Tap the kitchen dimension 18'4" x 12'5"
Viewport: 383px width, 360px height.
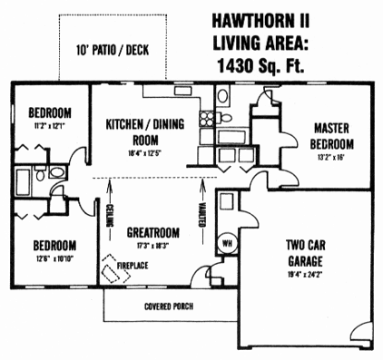pyautogui.click(x=148, y=154)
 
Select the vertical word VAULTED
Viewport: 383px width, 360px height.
pyautogui.click(x=200, y=218)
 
